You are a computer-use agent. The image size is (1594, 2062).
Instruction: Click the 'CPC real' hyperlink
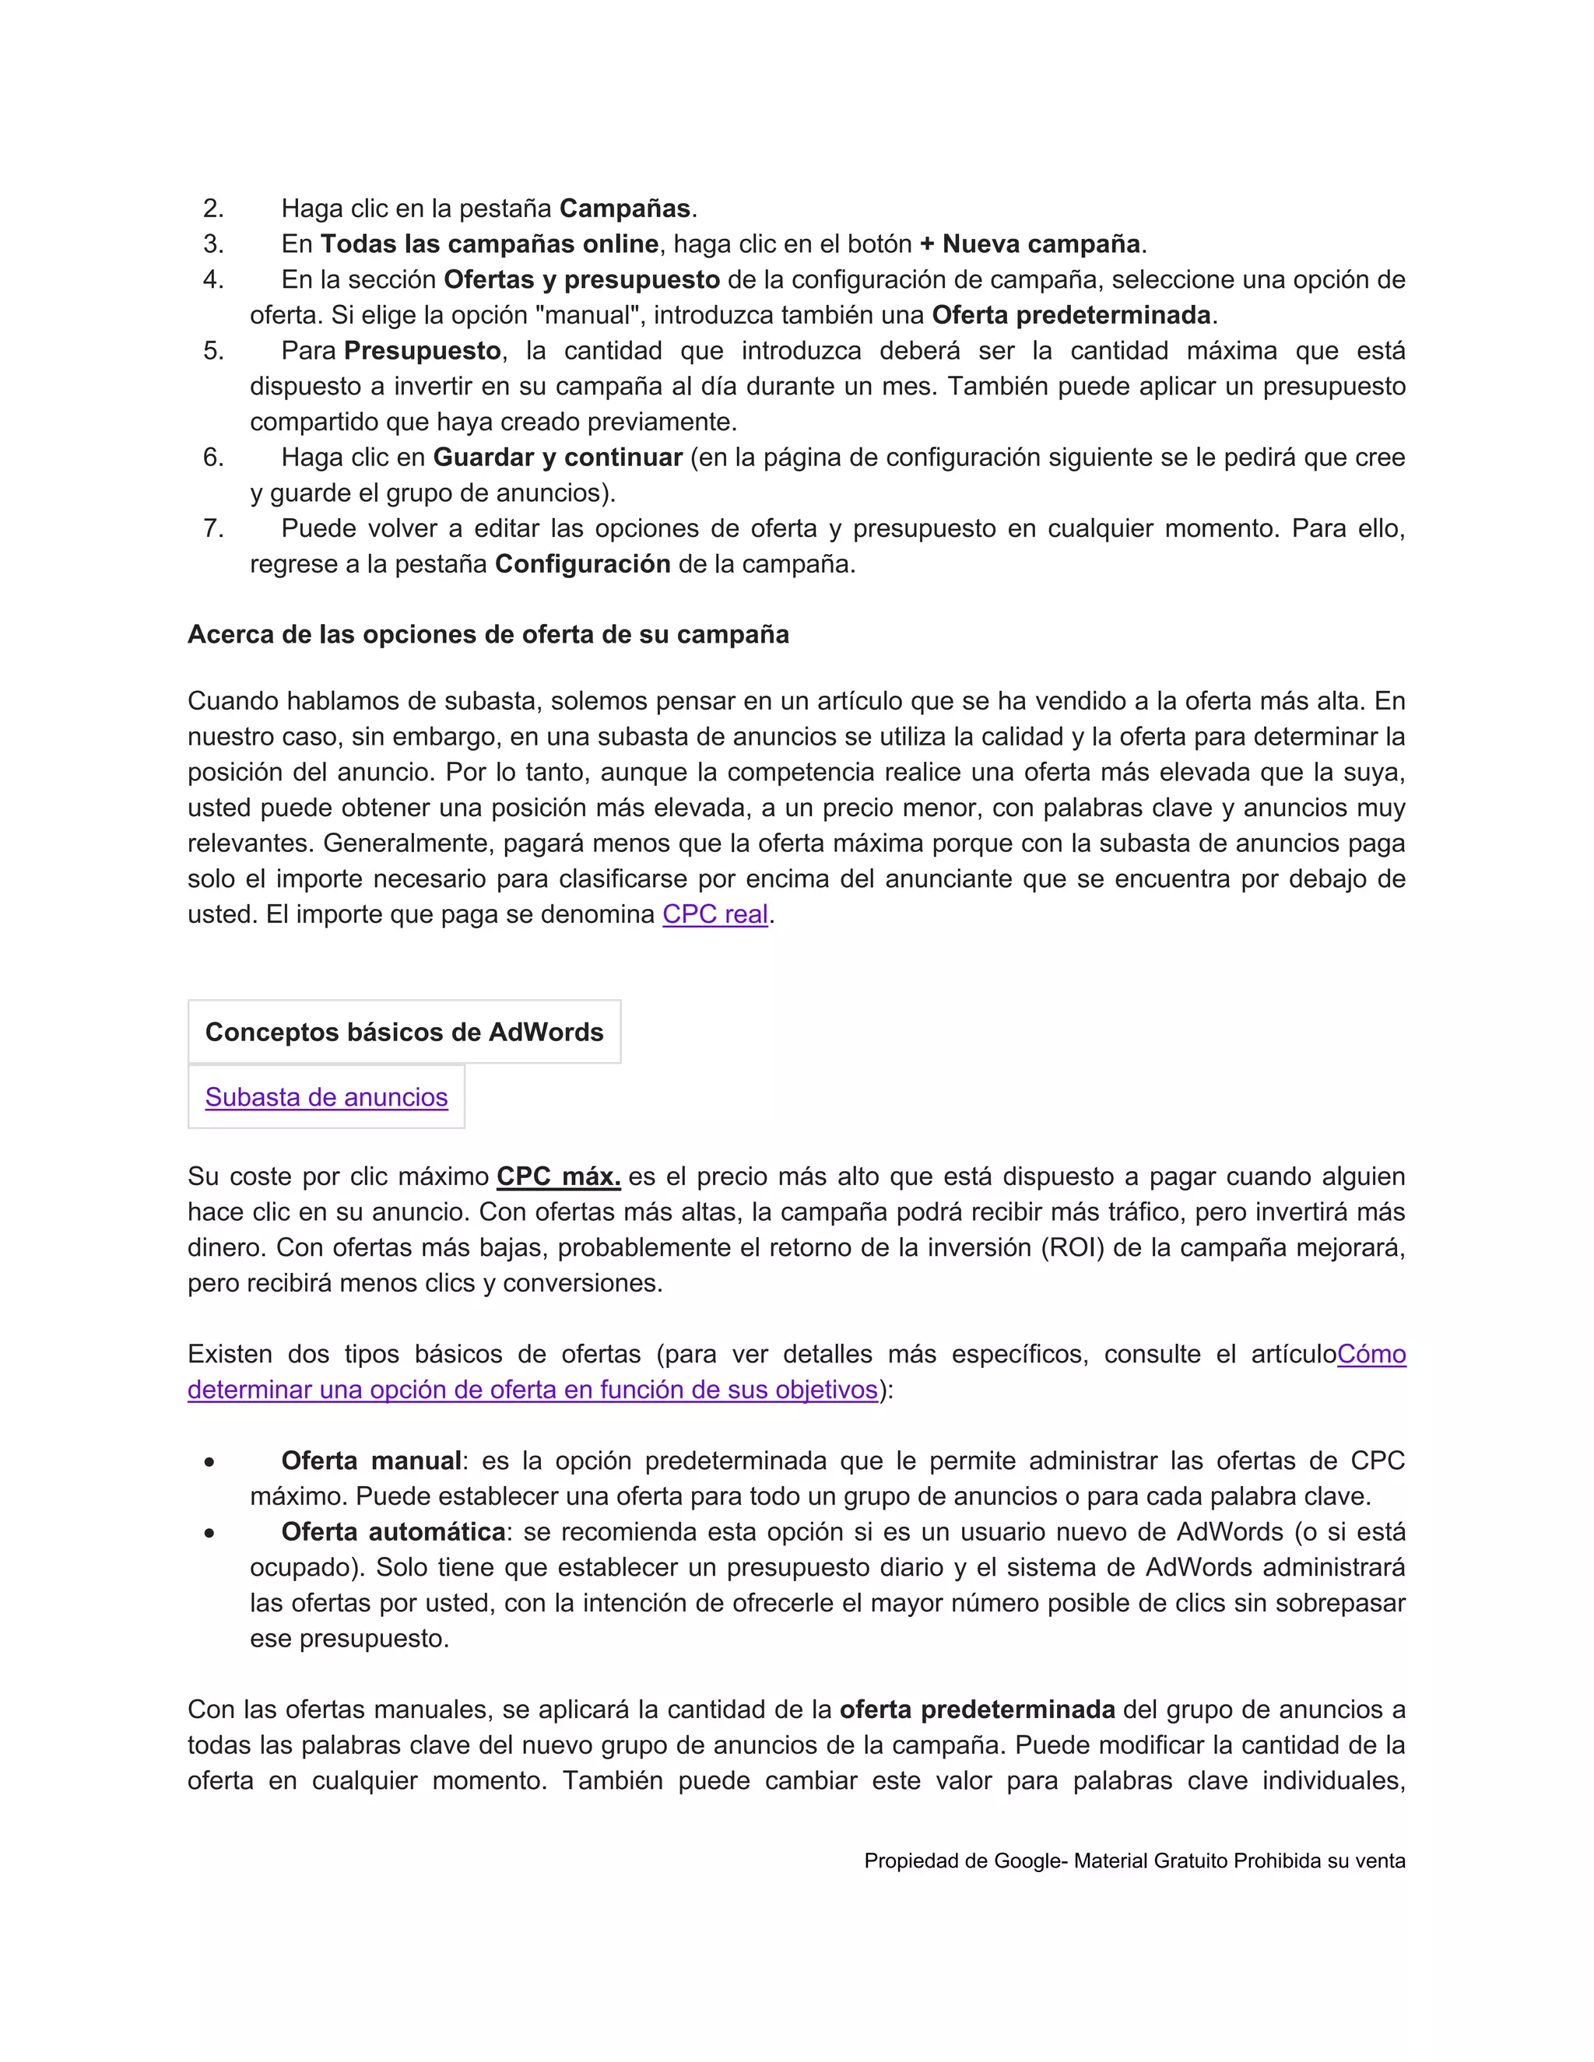[714, 914]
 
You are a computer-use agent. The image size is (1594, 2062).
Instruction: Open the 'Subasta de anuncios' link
[326, 1097]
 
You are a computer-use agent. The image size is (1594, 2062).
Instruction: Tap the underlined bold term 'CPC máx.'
[558, 1177]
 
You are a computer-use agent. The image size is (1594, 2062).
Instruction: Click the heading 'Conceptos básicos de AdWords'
[404, 1032]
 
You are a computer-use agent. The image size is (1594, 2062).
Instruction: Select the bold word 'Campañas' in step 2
[624, 208]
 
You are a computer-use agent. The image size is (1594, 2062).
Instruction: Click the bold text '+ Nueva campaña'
[1030, 244]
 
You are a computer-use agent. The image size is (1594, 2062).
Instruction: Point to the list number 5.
[213, 350]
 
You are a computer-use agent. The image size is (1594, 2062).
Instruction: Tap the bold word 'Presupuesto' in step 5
[422, 350]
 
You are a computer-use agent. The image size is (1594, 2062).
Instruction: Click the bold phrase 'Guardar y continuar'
[557, 457]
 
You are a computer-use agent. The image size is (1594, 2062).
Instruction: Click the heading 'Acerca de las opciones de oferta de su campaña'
[488, 634]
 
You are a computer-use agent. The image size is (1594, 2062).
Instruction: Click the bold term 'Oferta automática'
[393, 1531]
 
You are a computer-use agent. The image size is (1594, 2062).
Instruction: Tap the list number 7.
[213, 528]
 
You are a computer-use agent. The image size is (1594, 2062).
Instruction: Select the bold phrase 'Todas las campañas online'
[489, 244]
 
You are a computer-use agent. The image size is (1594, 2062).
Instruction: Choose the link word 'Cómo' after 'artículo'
[1371, 1354]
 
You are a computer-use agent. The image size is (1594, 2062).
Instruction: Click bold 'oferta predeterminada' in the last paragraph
[977, 1709]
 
